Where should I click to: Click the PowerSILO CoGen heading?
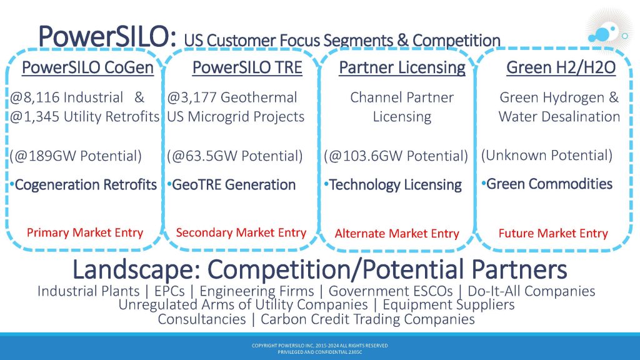(x=87, y=67)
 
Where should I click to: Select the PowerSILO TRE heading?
(x=247, y=67)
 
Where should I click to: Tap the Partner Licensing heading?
(x=402, y=67)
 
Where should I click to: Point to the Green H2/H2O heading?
(x=561, y=67)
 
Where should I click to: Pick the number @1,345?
(x=35, y=117)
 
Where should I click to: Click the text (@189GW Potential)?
(x=76, y=156)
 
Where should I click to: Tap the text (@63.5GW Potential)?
(x=235, y=156)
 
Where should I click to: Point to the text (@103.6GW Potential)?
(x=396, y=156)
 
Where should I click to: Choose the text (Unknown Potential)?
(x=547, y=155)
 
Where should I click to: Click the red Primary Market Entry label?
(x=85, y=232)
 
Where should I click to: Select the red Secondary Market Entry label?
(x=241, y=232)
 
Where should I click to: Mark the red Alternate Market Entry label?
(x=397, y=234)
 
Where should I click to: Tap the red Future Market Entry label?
(x=553, y=234)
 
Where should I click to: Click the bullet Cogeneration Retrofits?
(x=83, y=185)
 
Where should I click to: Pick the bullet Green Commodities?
(x=547, y=184)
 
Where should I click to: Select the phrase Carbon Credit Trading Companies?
(x=367, y=319)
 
